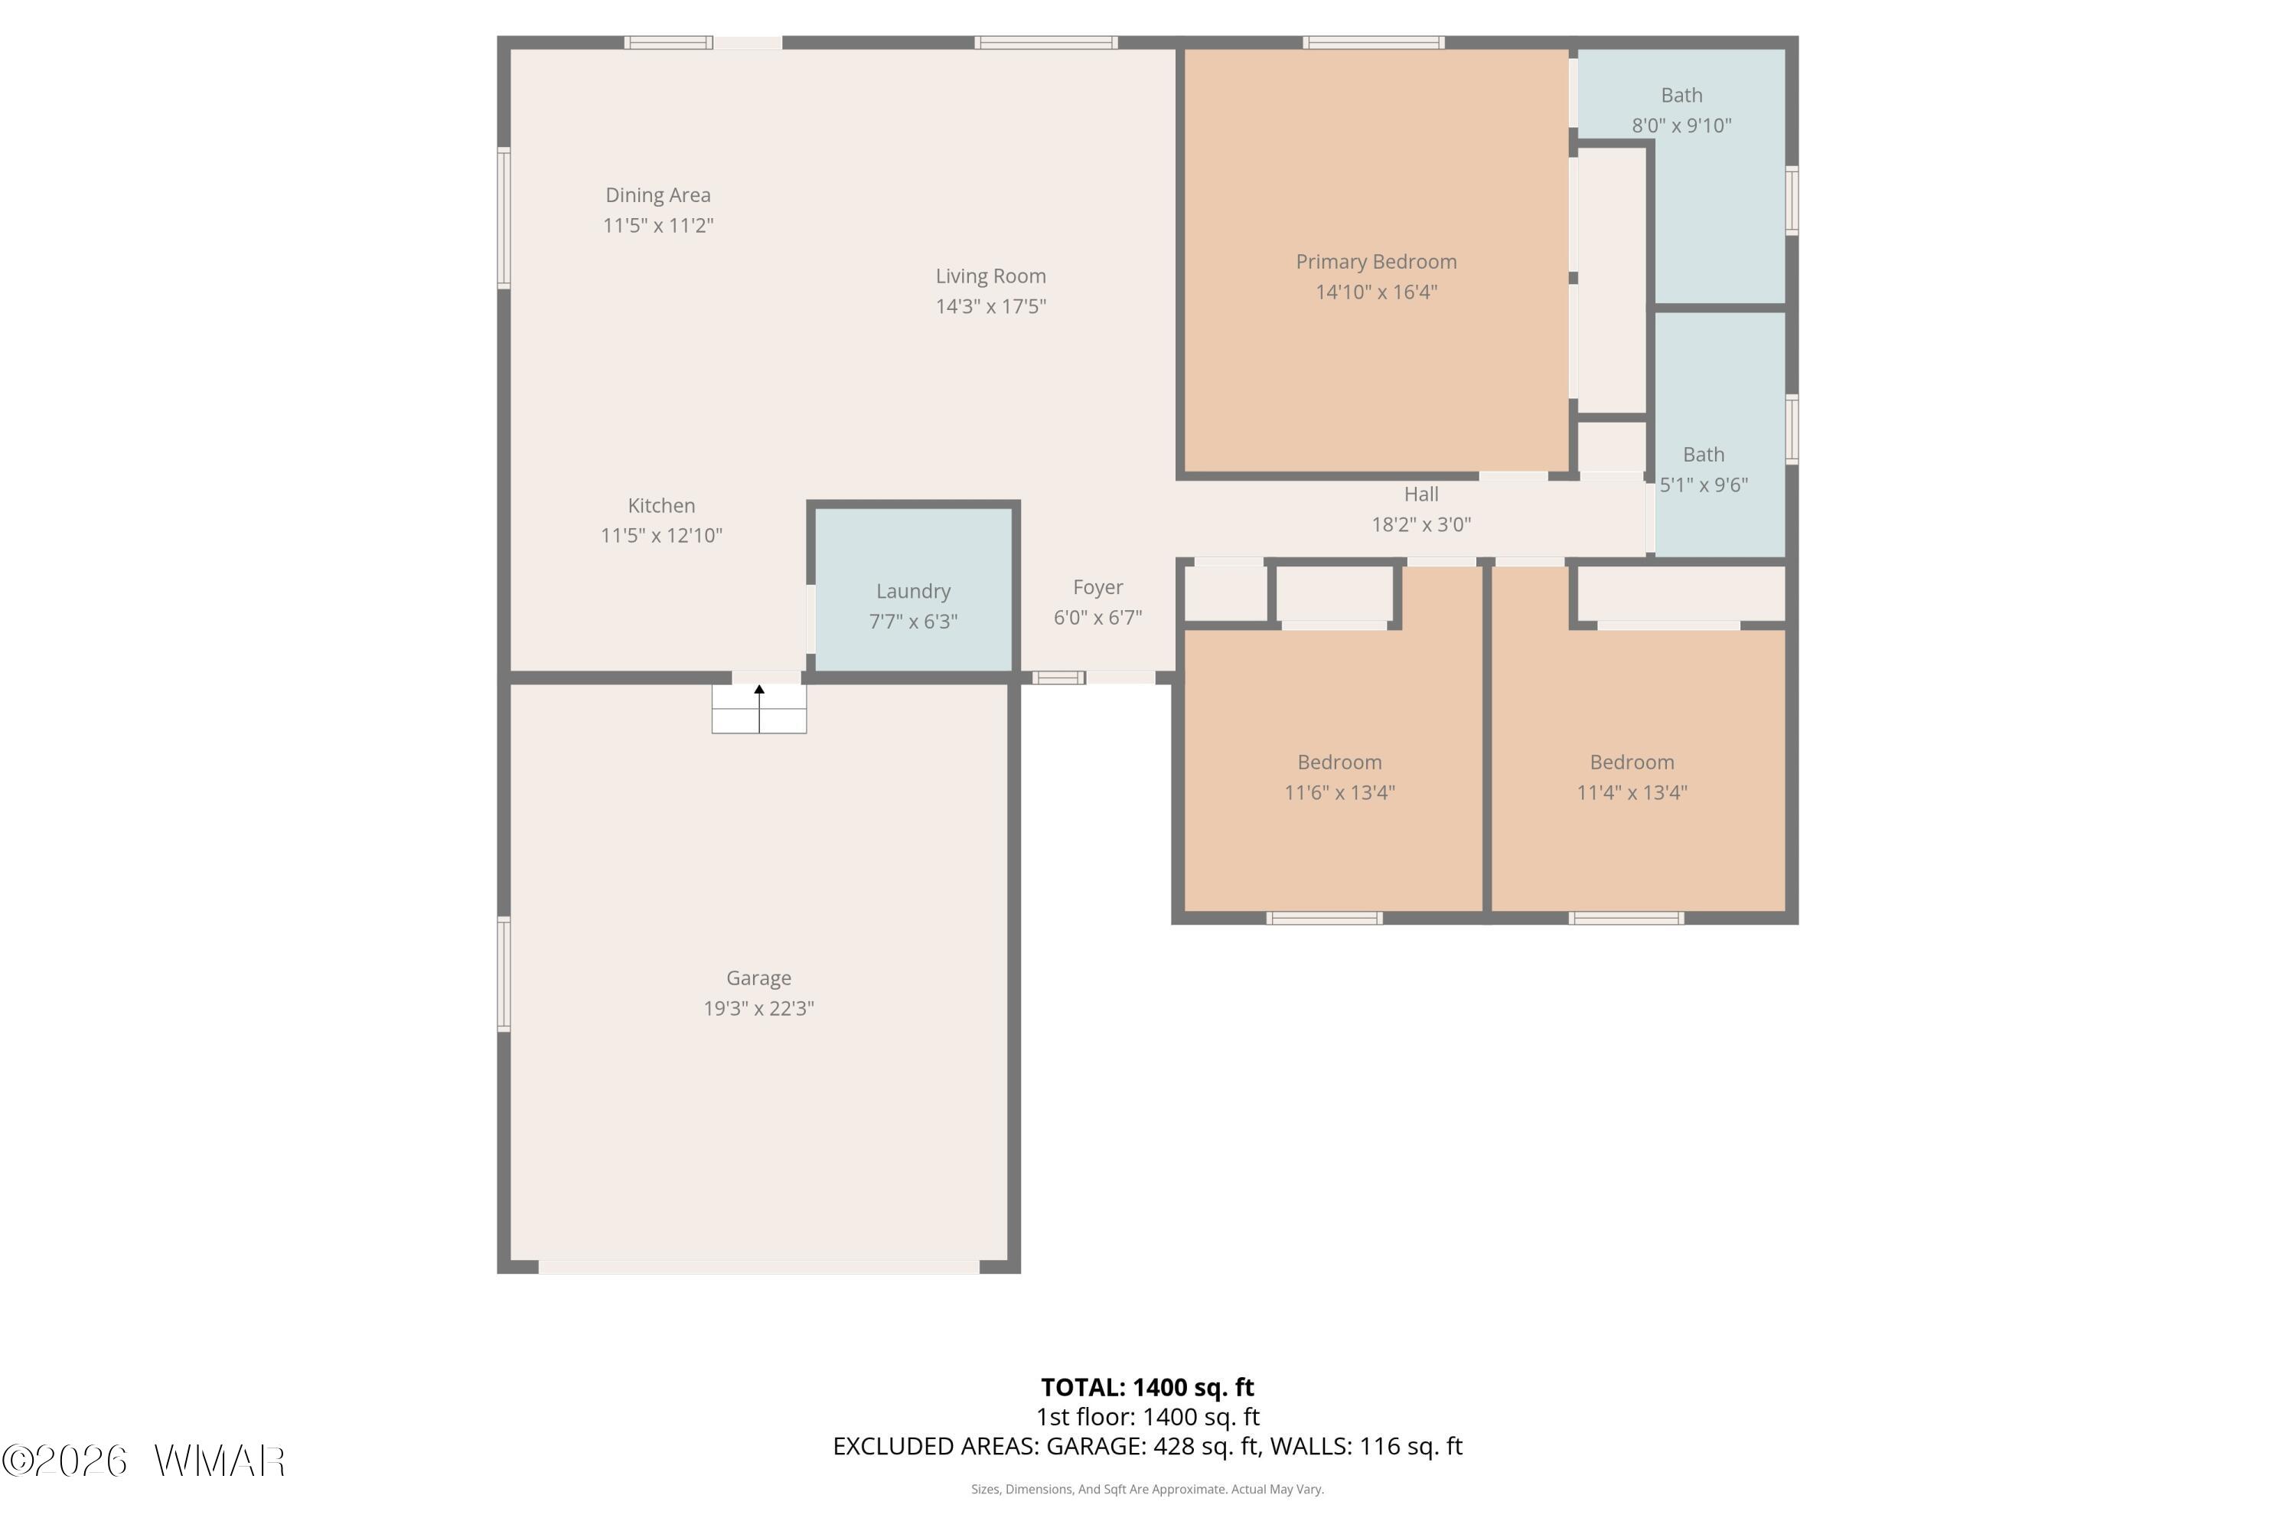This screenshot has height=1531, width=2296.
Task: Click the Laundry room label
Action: click(x=913, y=591)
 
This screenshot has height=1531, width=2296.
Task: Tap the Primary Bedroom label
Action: click(x=1375, y=262)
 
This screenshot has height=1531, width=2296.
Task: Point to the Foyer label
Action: click(x=1097, y=587)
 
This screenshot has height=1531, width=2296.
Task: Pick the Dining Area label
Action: click(x=658, y=195)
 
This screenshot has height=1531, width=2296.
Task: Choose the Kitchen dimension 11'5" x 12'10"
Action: click(x=661, y=535)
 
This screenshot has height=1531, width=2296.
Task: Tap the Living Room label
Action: click(x=991, y=276)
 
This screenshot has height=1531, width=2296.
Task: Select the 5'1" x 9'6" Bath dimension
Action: click(x=1704, y=485)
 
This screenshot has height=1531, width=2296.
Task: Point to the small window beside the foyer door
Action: click(x=1058, y=677)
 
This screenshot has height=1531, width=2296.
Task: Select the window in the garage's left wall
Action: click(x=504, y=974)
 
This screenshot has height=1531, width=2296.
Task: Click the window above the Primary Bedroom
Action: click(x=1374, y=42)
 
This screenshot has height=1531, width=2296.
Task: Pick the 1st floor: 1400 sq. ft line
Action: click(x=1147, y=1417)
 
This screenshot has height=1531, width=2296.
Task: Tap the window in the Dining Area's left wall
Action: click(x=504, y=217)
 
